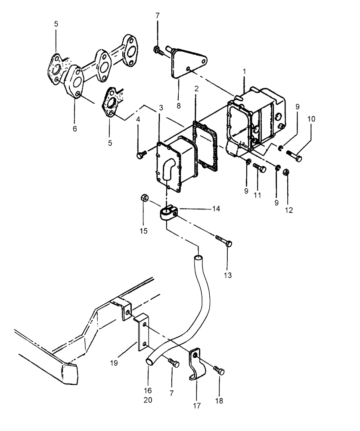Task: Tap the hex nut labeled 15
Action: (145, 198)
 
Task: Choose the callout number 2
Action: (196, 89)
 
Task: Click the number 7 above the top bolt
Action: (157, 16)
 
